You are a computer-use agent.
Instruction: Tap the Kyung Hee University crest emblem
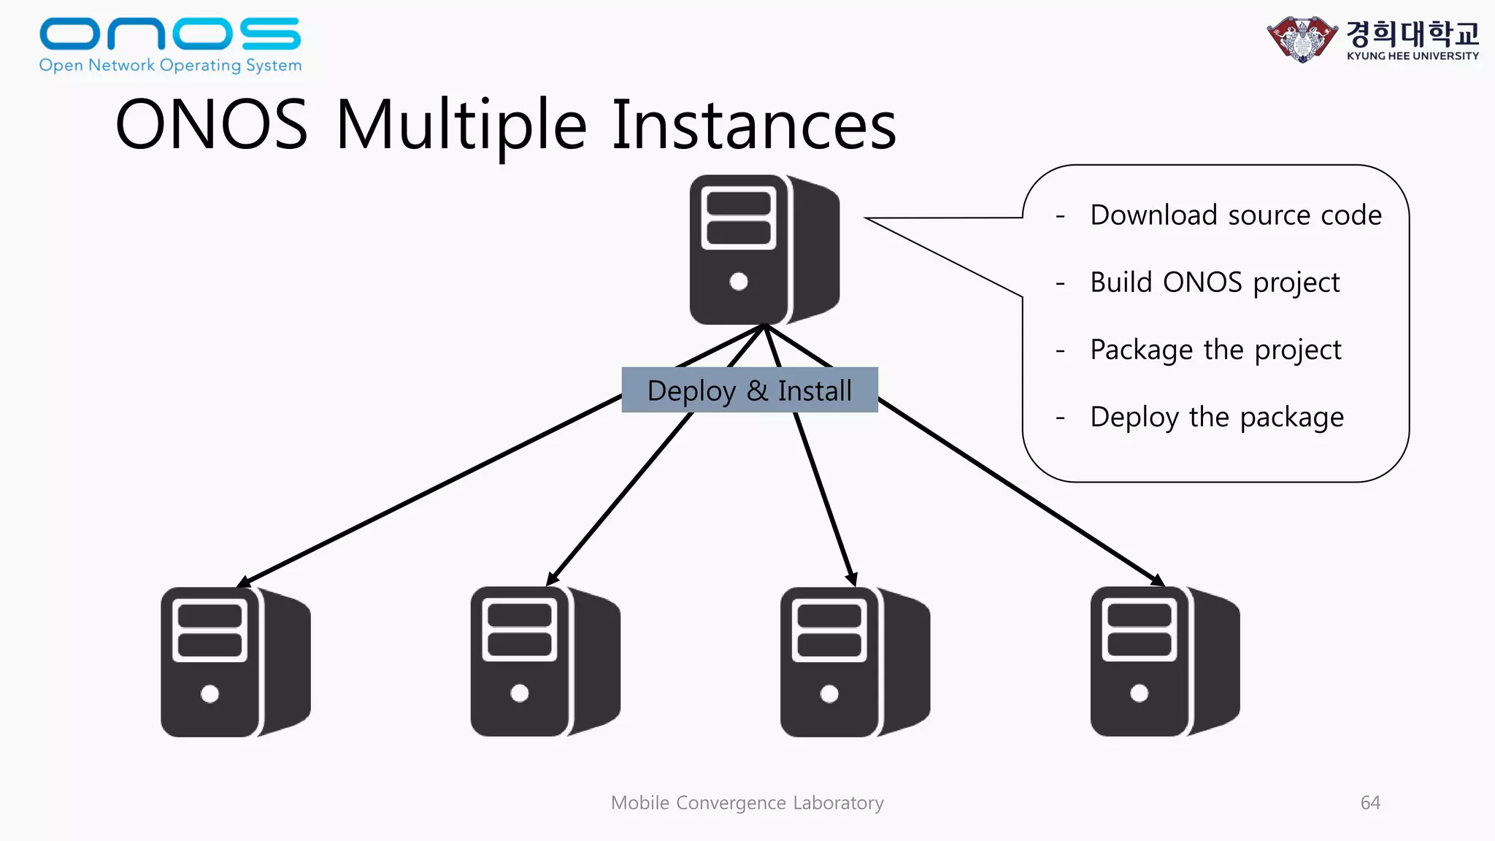(1302, 39)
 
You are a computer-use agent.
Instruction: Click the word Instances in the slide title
(753, 126)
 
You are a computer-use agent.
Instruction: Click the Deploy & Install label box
(750, 391)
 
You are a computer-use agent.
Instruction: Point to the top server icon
(764, 250)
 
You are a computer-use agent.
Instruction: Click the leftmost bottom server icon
(235, 661)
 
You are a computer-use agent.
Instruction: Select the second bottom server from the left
(545, 661)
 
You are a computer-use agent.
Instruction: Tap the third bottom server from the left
(854, 661)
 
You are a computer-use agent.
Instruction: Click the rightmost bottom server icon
(1164, 661)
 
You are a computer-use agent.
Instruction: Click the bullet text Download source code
(1235, 215)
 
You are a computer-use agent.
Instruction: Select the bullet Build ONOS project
(1215, 283)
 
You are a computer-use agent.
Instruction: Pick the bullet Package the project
(1215, 350)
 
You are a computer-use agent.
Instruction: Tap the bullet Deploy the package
(1216, 417)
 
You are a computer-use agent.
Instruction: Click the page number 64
(1370, 802)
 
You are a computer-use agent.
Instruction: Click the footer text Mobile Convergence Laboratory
(747, 802)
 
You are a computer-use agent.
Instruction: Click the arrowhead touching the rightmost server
(1157, 581)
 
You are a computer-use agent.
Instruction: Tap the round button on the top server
(739, 281)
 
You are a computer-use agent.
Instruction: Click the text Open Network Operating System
(170, 65)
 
